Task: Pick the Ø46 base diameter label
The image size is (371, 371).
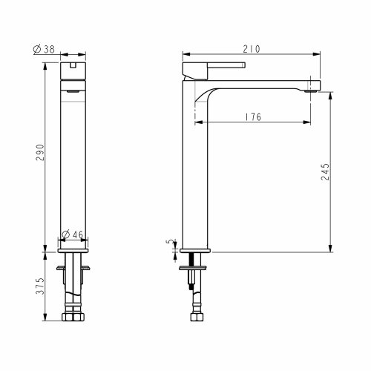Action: (72, 235)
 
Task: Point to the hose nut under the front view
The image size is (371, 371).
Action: (73, 318)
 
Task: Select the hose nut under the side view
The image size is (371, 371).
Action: (197, 318)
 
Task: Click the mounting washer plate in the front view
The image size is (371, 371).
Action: (73, 265)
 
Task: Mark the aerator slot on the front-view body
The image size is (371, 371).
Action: (73, 89)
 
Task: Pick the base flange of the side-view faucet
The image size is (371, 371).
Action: (197, 249)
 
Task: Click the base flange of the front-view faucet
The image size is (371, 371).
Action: (73, 249)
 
